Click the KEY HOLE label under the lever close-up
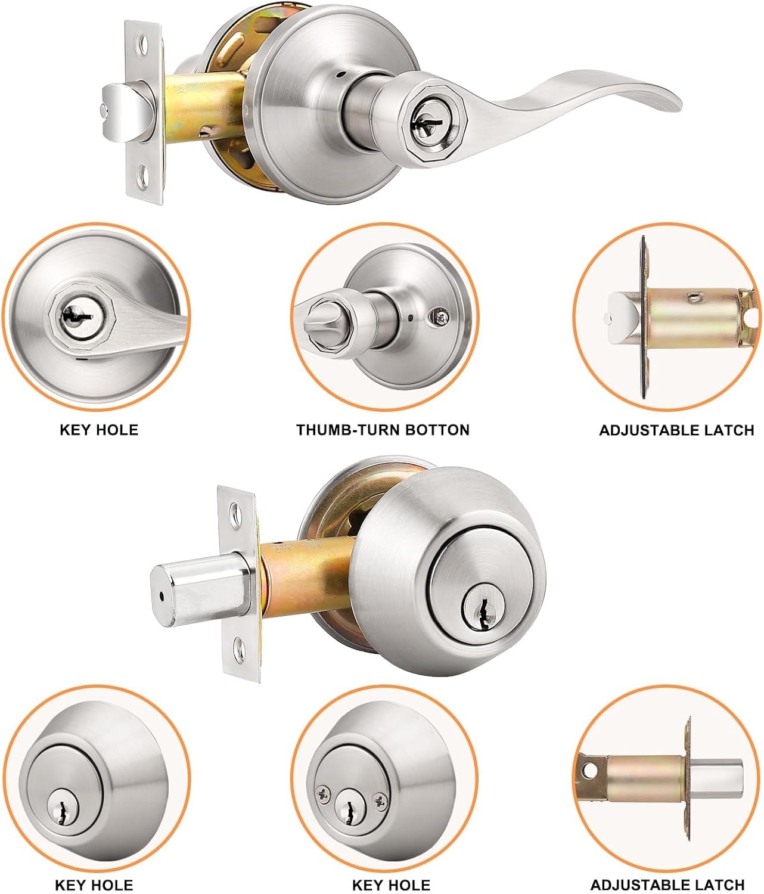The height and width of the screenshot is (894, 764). coord(98,430)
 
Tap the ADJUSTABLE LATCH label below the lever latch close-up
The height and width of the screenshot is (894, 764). coord(676,430)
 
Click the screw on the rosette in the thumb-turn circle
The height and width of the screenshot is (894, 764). coord(440,317)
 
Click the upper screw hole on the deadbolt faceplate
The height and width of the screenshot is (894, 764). coord(235,511)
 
